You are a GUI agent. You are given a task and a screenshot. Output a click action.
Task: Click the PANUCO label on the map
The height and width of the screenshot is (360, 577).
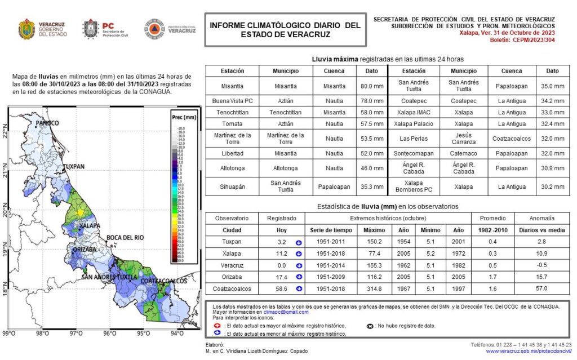point(47,123)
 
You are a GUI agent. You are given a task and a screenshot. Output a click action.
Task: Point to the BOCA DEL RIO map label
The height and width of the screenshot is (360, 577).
point(125,237)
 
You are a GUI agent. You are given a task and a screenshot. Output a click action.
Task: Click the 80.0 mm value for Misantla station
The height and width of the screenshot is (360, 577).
point(372,86)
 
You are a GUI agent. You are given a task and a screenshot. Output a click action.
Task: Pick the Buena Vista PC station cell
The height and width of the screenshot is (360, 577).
point(232,101)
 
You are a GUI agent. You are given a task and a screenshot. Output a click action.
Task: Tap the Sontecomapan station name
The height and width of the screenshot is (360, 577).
point(418,153)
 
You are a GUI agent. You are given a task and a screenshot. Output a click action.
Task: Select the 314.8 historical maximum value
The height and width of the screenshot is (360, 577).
point(374,288)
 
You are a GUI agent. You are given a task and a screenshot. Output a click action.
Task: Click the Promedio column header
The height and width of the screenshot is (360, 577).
point(492,218)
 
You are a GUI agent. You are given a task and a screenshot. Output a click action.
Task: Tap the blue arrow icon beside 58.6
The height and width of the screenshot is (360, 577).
point(298,288)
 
